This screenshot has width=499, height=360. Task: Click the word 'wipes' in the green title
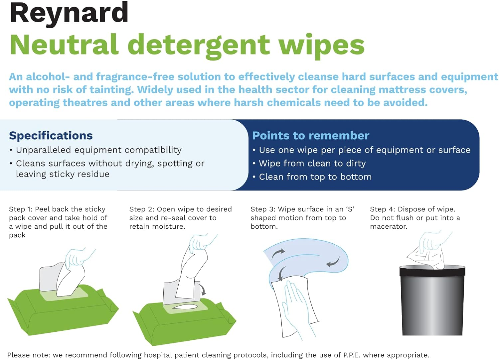(x=322, y=46)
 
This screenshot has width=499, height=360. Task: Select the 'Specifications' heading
(x=51, y=136)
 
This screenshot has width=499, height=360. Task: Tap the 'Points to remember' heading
(x=311, y=136)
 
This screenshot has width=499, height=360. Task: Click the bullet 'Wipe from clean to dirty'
(x=312, y=164)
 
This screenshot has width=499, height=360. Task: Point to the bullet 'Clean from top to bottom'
(x=315, y=177)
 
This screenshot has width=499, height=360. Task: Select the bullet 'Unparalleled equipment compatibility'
(x=98, y=150)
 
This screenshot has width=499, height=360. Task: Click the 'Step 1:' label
(x=21, y=209)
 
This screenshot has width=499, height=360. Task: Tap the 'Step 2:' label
(x=142, y=209)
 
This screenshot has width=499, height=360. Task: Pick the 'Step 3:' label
(x=263, y=209)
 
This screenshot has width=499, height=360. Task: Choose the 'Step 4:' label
(x=383, y=209)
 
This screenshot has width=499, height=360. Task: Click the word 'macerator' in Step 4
(x=388, y=226)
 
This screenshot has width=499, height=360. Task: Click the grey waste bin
(x=432, y=301)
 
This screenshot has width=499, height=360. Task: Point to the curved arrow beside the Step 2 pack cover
(x=202, y=289)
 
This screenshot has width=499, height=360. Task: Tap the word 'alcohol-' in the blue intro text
(x=48, y=77)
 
